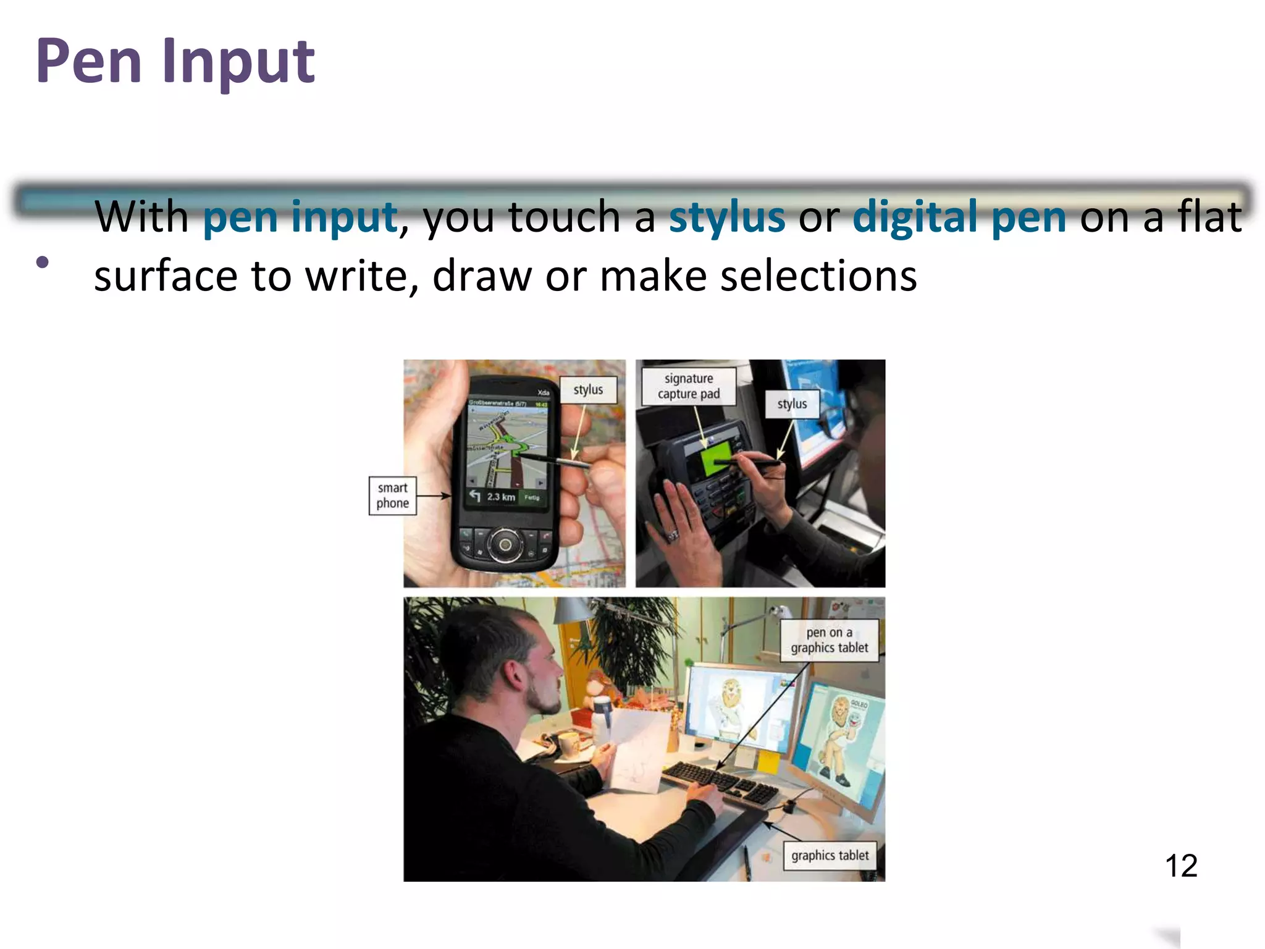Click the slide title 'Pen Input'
tap(175, 62)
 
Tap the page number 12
tap(1180, 866)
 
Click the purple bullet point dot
tap(43, 262)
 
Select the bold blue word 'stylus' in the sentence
tap(726, 217)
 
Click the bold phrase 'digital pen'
tap(959, 217)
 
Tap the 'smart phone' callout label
tap(393, 496)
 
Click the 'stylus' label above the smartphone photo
tap(588, 390)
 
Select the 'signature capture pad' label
tap(689, 386)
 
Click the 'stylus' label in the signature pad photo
tap(792, 404)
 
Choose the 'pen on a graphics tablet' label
tap(829, 640)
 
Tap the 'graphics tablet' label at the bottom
tap(830, 856)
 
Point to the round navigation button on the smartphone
tap(505, 544)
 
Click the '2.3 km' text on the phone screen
tap(500, 497)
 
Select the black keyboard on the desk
tap(720, 782)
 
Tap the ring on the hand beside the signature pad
tap(673, 533)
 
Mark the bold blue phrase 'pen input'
tap(300, 217)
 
